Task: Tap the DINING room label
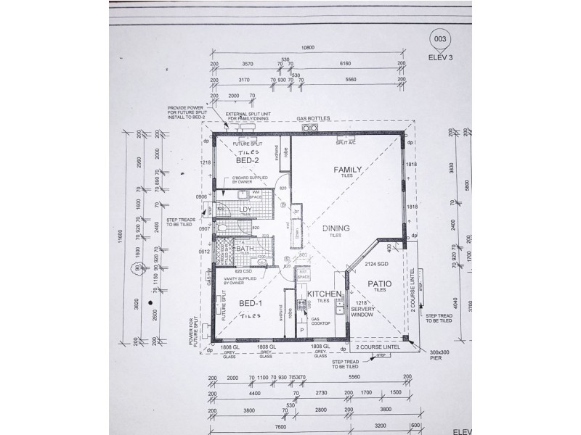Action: [336, 228]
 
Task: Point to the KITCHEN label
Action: [323, 294]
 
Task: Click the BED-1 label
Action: [248, 302]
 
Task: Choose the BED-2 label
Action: [248, 161]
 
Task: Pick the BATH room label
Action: [244, 249]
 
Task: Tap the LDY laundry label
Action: [245, 210]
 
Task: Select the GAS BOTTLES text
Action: [313, 118]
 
